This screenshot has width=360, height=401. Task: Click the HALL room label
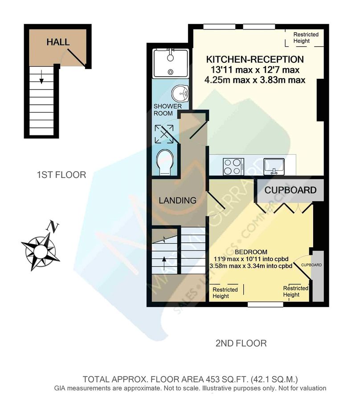[x=58, y=42]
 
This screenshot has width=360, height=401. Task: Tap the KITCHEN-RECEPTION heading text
[x=254, y=59]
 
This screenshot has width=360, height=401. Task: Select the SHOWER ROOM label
[x=168, y=110]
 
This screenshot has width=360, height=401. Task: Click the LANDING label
[x=177, y=200]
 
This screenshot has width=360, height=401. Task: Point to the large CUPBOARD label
[x=290, y=190]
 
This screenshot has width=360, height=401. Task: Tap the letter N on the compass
[x=54, y=226]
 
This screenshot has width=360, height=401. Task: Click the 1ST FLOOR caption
[x=61, y=175]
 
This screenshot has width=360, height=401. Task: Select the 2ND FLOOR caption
[x=241, y=343]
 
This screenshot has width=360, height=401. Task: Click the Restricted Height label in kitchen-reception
[x=306, y=38]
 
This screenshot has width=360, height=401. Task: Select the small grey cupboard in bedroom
[x=317, y=276]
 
